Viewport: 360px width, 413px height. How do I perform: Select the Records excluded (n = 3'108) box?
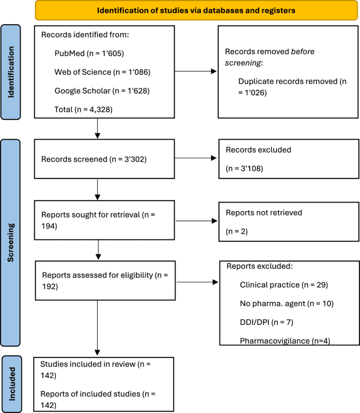pyautogui.click(x=279, y=159)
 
